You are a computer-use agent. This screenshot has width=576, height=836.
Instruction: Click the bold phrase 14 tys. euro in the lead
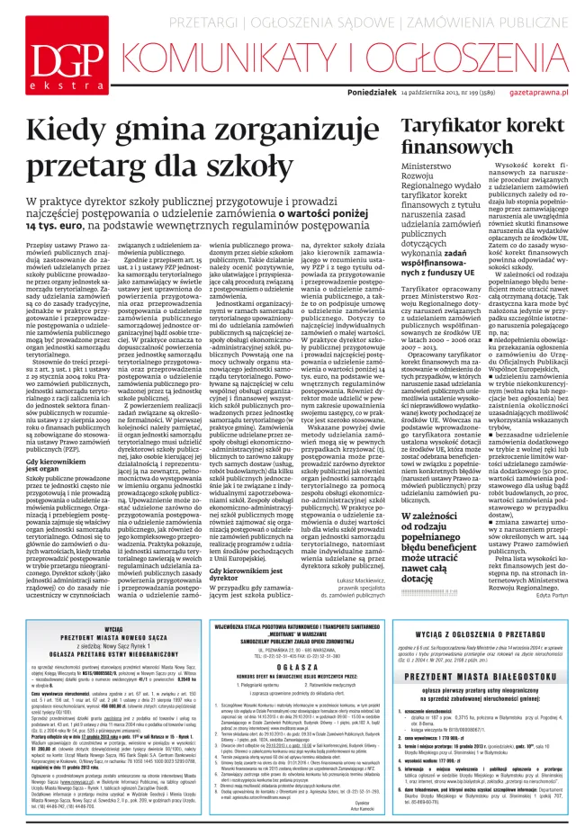click(48, 212)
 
